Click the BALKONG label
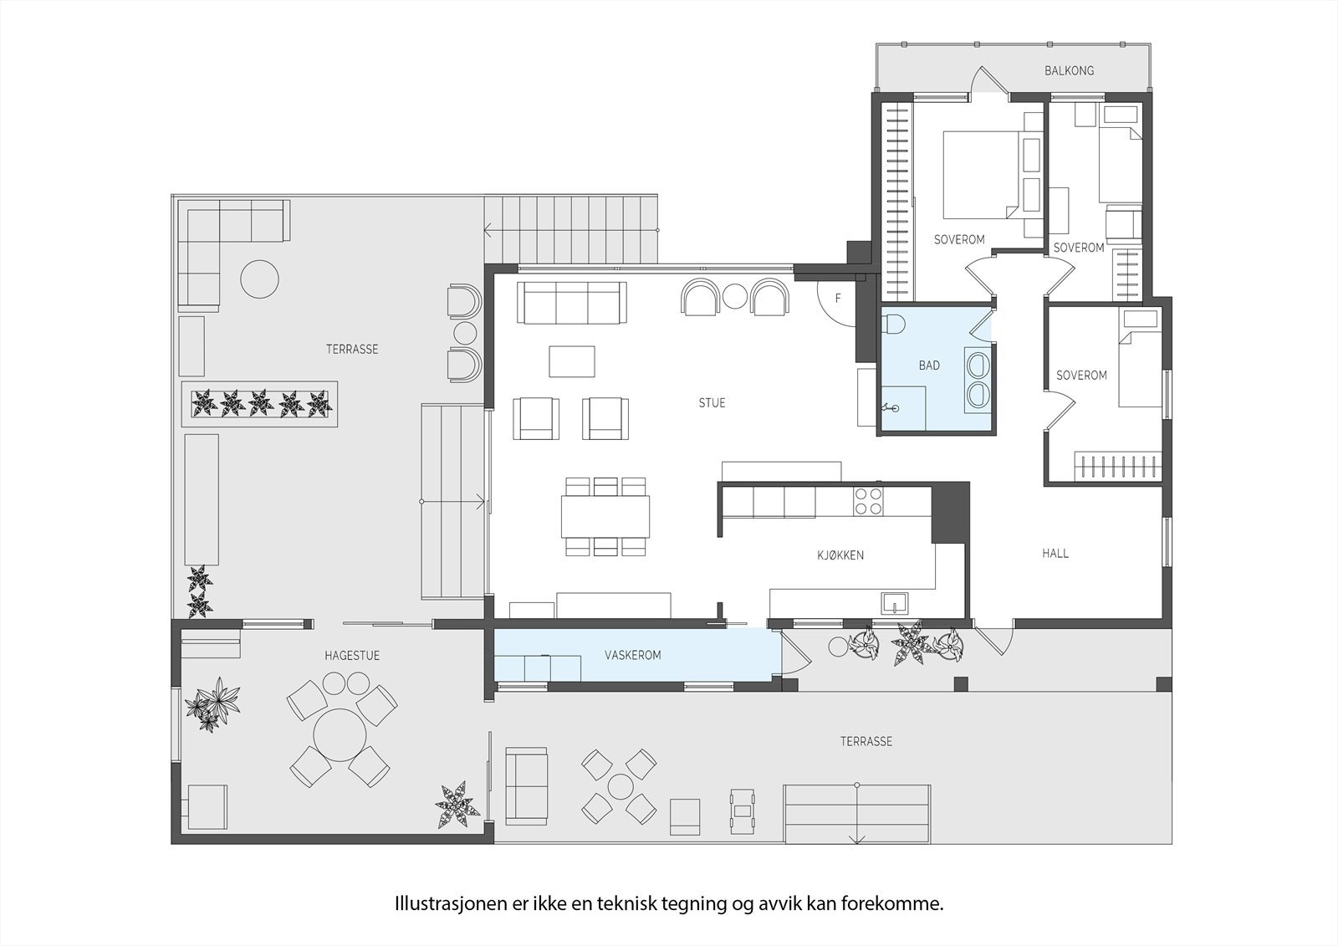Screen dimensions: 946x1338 tap(1069, 71)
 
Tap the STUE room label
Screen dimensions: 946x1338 tap(712, 403)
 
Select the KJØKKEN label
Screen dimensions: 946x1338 tap(840, 555)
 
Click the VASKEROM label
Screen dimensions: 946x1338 tap(632, 655)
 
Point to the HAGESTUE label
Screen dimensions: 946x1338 tap(352, 656)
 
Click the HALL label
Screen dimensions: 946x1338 tap(1055, 554)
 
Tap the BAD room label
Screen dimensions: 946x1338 tap(928, 366)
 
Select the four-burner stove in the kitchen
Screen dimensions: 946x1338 tap(867, 500)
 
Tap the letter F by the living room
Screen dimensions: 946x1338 tap(838, 299)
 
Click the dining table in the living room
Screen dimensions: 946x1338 tap(605, 517)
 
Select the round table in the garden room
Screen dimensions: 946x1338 tap(340, 734)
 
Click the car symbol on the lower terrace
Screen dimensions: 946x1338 tap(741, 809)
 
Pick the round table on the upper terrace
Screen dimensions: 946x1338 tap(259, 279)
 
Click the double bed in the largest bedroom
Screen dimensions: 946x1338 tap(983, 173)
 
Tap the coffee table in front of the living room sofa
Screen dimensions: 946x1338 tap(572, 361)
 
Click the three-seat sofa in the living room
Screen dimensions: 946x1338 tap(572, 302)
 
